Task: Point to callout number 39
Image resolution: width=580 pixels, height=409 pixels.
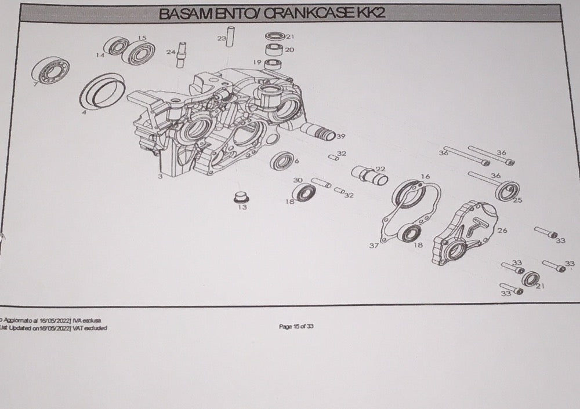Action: (340, 137)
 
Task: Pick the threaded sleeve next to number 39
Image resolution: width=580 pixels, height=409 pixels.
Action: (318, 133)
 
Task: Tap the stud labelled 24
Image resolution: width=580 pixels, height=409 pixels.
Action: (181, 54)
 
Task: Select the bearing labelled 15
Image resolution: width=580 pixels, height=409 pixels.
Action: (140, 53)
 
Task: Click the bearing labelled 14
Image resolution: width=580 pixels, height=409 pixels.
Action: (118, 46)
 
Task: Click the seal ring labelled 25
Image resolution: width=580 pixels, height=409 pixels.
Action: (507, 189)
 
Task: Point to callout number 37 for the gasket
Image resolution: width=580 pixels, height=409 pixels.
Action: (374, 246)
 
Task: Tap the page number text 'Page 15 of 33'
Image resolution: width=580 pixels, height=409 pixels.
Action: (296, 327)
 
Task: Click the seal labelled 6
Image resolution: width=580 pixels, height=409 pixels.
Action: (282, 160)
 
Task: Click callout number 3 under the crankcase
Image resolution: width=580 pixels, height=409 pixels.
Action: (160, 176)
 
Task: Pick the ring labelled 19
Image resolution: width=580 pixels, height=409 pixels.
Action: (273, 63)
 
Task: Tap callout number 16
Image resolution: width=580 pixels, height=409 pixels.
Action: (425, 177)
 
